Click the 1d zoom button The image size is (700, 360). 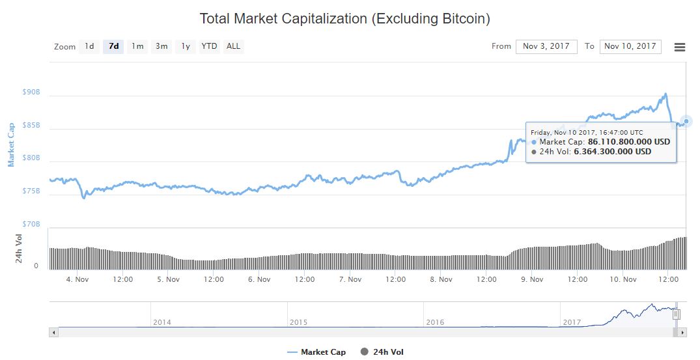point(89,46)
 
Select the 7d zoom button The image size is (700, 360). point(113,46)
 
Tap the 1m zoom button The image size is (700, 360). point(137,46)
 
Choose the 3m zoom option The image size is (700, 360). point(161,46)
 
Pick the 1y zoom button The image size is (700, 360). point(186,46)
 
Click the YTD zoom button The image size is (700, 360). point(209,46)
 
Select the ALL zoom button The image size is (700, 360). point(233,46)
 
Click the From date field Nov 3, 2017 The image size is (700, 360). point(546,46)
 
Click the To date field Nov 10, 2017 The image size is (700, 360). point(630,46)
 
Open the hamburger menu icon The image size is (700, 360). point(680,47)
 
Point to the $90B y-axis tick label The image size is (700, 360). point(31,92)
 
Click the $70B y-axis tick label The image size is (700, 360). point(31,224)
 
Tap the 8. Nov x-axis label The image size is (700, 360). point(441,279)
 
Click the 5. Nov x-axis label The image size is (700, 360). point(168,279)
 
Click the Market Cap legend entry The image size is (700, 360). point(316,352)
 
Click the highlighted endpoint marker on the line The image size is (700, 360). point(686,121)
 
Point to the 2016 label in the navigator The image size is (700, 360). point(435,322)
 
